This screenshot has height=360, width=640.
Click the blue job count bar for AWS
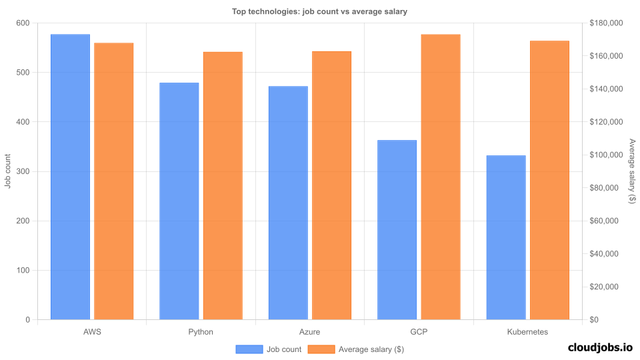(70, 177)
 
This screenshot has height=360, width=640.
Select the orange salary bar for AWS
(114, 181)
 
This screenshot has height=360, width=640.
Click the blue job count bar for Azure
(288, 203)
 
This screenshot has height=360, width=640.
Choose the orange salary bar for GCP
(441, 177)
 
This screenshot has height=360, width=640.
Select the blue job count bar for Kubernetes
(506, 237)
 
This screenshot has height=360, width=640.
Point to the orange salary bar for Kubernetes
(549, 180)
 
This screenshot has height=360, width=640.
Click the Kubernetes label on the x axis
(527, 331)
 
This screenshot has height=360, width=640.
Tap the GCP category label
(419, 331)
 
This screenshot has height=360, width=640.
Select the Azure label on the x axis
(310, 331)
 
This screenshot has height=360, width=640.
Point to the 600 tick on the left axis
(23, 23)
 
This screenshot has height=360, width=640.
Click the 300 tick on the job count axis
(23, 171)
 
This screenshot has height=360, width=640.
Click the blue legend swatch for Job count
(249, 349)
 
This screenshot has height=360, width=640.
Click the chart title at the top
(319, 11)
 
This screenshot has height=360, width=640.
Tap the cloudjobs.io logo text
(599, 347)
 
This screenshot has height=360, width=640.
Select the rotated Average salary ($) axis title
(632, 171)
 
